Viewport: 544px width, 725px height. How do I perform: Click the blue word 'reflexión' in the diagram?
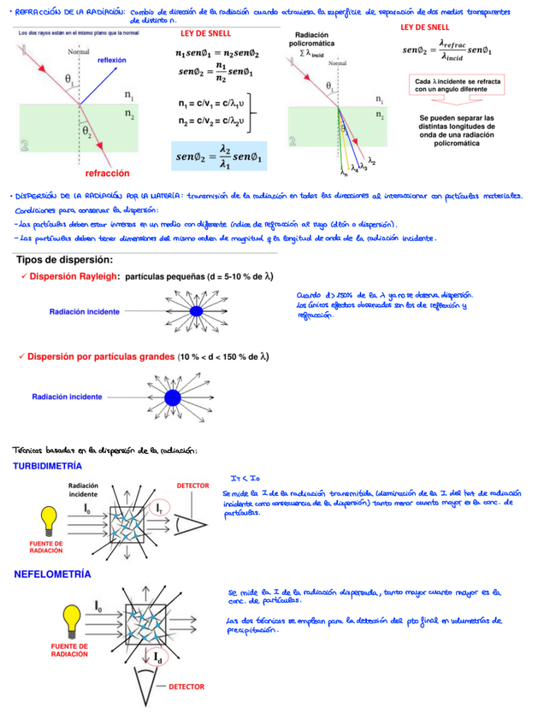point(111,60)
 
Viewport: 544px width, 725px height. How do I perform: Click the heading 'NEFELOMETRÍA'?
point(52,574)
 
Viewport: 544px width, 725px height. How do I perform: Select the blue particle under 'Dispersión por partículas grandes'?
point(174,397)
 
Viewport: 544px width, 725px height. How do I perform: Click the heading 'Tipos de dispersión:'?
point(65,260)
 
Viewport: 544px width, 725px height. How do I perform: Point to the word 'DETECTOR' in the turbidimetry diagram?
point(192,486)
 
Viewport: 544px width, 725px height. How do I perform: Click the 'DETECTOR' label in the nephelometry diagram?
point(186,687)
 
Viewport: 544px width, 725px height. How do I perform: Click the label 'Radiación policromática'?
point(313,38)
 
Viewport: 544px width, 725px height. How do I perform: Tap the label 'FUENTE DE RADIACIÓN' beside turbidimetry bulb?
point(46,546)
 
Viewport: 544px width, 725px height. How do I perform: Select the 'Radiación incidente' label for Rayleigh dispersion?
point(84,312)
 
